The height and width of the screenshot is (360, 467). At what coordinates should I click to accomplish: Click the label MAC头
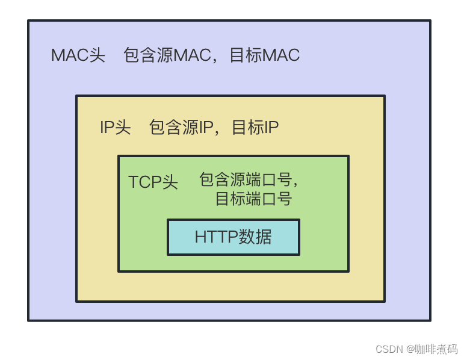point(78,55)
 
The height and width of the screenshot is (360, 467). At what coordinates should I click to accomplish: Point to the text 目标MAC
point(264,55)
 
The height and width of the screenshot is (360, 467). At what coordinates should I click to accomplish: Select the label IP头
point(115,128)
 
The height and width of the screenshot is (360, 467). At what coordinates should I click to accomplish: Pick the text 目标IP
point(255,128)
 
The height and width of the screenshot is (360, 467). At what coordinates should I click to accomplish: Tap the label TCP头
point(153,182)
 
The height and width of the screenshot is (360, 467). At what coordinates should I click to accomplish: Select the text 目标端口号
point(253,199)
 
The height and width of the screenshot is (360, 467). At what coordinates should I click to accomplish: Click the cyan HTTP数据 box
point(233,237)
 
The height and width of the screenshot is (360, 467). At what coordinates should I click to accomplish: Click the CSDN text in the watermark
point(388,349)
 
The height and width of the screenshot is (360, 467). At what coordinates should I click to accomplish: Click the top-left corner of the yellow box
point(76,96)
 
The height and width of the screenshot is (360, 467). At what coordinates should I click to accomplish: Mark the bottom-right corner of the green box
point(348,271)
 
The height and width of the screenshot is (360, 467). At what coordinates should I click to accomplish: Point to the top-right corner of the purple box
point(430,21)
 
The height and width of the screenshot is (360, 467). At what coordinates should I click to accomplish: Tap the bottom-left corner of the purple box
point(29,320)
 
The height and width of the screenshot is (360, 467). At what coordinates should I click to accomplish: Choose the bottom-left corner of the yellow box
point(76,301)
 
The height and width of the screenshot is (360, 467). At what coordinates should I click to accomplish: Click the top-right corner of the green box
point(348,157)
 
